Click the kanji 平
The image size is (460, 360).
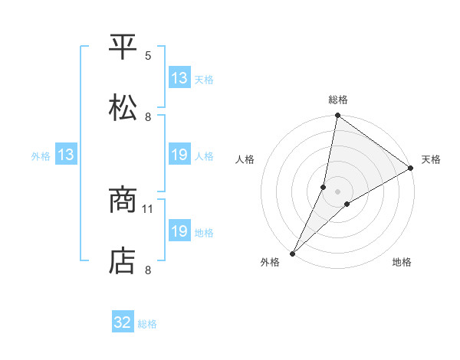123,47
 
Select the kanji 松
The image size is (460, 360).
123,108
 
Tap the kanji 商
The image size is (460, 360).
123,201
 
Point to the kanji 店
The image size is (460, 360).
123,261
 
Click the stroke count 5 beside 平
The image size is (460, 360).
148,56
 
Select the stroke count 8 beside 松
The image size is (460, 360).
148,117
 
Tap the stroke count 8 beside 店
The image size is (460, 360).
148,270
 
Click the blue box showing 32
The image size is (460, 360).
123,323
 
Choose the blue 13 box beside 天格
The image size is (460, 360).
179,78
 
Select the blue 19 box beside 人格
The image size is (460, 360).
179,155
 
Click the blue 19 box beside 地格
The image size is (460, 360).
179,231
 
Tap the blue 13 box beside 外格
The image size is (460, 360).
65,155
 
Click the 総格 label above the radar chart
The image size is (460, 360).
338,100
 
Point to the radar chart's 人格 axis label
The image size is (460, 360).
245,159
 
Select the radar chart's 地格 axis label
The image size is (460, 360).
402,262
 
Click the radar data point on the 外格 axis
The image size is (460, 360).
292,253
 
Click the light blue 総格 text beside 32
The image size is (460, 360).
148,324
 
